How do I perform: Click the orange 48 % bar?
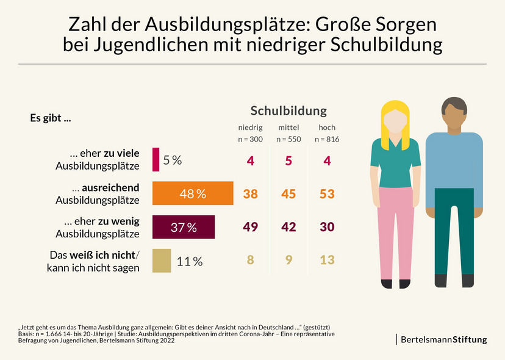193,193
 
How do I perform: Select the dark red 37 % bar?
184,227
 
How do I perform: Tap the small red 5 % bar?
156,160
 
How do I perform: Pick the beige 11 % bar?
162,261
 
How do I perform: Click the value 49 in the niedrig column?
250,227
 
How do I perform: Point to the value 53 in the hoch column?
327,194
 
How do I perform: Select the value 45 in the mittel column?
288,194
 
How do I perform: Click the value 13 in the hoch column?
327,261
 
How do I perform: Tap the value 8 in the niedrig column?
250,261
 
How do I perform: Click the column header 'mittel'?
288,128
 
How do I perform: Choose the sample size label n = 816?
327,140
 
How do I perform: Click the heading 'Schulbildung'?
288,110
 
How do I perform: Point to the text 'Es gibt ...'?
50,118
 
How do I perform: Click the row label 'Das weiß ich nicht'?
94,255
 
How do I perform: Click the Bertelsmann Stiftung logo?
443,339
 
